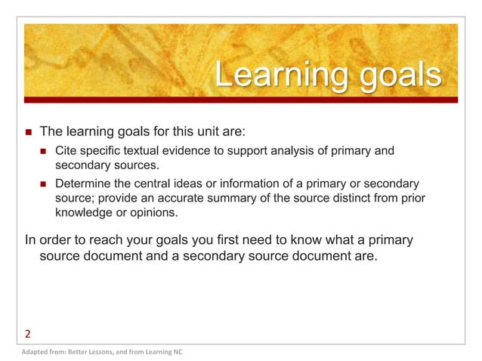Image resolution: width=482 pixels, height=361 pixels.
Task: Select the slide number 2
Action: tap(28, 333)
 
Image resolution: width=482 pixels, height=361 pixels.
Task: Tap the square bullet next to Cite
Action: tap(43, 153)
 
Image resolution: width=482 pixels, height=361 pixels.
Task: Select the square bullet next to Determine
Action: tap(43, 184)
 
